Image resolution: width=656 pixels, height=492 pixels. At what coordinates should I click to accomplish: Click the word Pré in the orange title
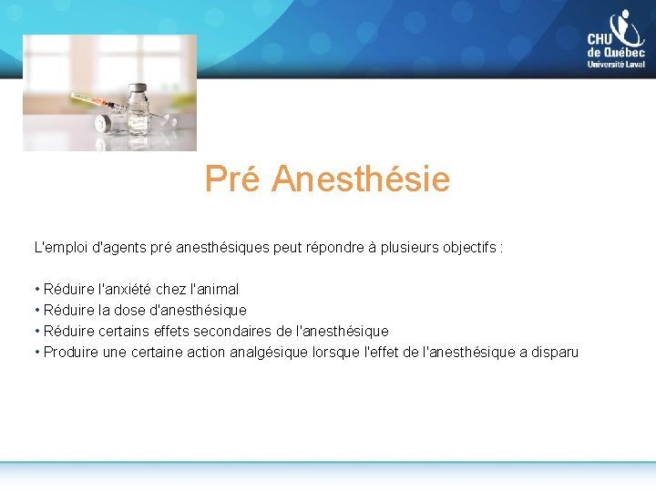pyautogui.click(x=233, y=179)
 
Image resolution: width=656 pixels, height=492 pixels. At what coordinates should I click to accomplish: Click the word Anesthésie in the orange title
pyautogui.click(x=361, y=179)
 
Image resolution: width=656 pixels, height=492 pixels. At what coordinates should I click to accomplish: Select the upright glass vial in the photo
pyautogui.click(x=138, y=111)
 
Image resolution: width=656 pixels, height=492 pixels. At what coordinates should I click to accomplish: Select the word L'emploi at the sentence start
pyautogui.click(x=56, y=247)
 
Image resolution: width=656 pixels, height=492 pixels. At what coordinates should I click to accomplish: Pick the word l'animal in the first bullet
pyautogui.click(x=214, y=289)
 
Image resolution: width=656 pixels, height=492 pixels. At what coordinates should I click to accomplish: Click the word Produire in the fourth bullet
pyautogui.click(x=71, y=352)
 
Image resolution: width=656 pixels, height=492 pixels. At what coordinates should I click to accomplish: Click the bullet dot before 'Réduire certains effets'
pyautogui.click(x=36, y=331)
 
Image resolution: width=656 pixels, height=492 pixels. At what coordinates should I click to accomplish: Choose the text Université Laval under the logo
pyautogui.click(x=616, y=65)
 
